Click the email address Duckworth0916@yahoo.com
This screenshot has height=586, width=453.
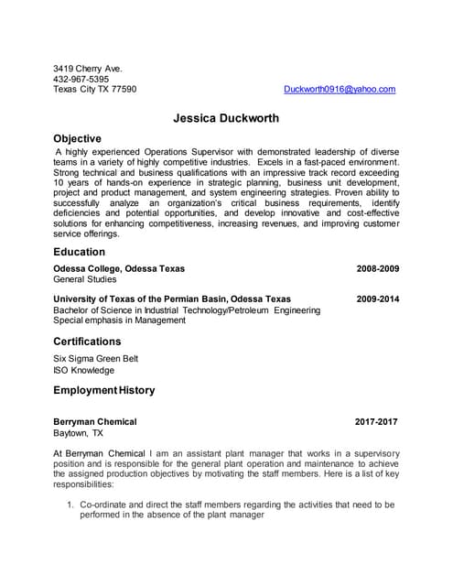pyautogui.click(x=340, y=90)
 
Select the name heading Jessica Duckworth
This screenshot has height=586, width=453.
pyautogui.click(x=226, y=118)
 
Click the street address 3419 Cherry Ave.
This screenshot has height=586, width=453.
pyautogui.click(x=88, y=68)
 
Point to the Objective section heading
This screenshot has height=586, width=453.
pyautogui.click(x=77, y=138)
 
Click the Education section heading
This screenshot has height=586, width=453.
pyautogui.click(x=79, y=252)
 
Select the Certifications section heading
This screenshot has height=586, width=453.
pyautogui.click(x=87, y=342)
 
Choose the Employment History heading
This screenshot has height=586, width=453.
pyautogui.click(x=103, y=390)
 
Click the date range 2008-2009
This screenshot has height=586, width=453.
pyautogui.click(x=377, y=269)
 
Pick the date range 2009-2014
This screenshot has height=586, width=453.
pyautogui.click(x=377, y=299)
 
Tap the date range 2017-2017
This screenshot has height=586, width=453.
pyautogui.click(x=376, y=422)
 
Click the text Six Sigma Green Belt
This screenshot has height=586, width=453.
pyautogui.click(x=96, y=359)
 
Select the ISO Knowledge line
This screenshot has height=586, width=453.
pyautogui.click(x=84, y=371)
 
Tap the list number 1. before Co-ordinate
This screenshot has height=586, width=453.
pyautogui.click(x=70, y=505)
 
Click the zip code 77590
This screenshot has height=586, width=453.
pyautogui.click(x=122, y=90)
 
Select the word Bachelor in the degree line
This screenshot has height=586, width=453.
pyautogui.click(x=72, y=310)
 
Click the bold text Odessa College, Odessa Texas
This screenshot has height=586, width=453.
pyautogui.click(x=119, y=269)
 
